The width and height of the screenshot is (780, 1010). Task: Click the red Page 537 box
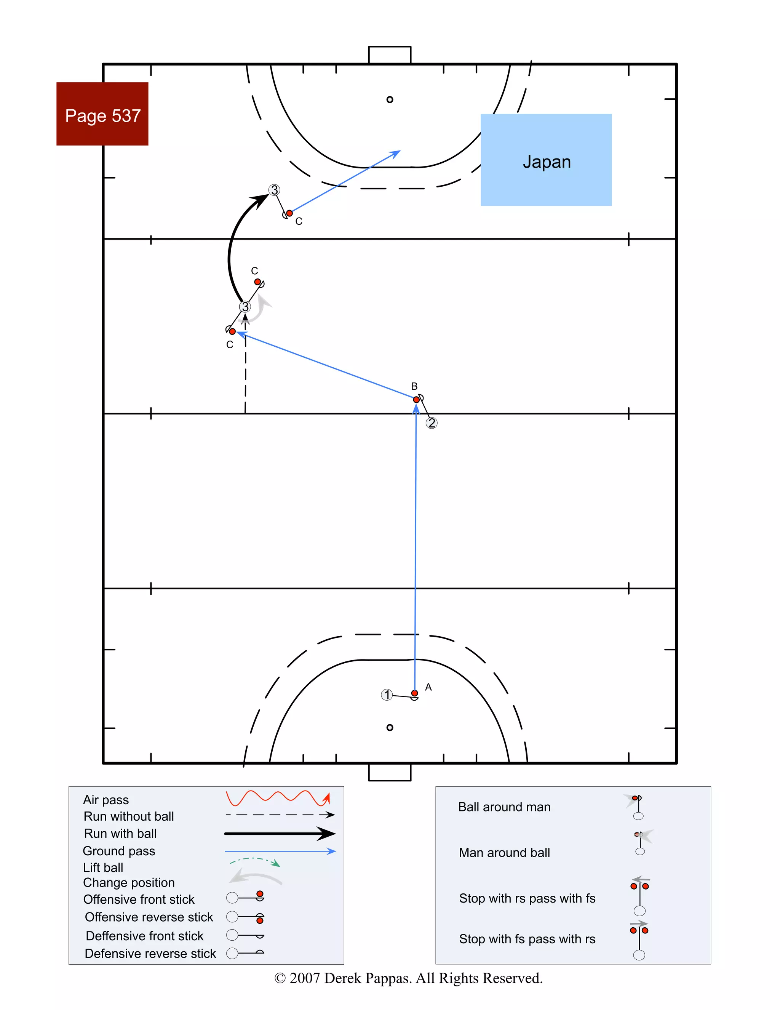point(102,114)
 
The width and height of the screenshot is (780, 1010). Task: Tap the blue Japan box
point(546,160)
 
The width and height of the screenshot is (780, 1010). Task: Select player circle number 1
point(387,695)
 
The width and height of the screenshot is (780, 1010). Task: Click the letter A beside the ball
point(428,687)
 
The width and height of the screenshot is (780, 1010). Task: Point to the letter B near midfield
point(414,386)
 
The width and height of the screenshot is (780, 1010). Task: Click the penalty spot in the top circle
point(390,99)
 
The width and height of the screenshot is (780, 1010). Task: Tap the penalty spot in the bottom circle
point(390,727)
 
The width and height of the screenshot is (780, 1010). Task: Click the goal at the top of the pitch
point(390,54)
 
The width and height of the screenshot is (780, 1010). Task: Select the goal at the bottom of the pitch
point(390,772)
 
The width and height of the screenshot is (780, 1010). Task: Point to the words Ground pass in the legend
point(119,851)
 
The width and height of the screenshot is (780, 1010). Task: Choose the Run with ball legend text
point(120,833)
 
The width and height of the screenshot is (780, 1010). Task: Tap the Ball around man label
point(504,807)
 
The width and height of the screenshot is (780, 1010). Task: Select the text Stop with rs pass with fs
point(527,898)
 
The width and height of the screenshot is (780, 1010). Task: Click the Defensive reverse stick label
point(150,954)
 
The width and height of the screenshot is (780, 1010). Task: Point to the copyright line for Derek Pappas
point(408,978)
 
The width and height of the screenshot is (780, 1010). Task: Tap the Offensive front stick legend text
point(139,900)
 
